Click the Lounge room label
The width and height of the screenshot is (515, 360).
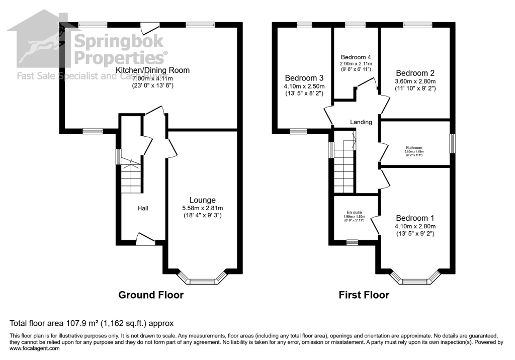click(x=203, y=200)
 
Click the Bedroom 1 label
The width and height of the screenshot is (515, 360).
click(x=415, y=218)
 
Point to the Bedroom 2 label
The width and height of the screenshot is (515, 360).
click(x=415, y=72)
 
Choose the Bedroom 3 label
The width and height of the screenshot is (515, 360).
click(x=304, y=78)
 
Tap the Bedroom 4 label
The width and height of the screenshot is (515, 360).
click(x=356, y=57)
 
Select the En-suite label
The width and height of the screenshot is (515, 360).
click(x=354, y=213)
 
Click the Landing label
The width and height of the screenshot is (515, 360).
click(x=361, y=122)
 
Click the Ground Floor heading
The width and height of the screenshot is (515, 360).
click(x=151, y=295)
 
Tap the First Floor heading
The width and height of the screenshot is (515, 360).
click(x=363, y=295)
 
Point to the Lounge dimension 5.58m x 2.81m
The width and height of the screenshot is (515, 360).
click(x=203, y=208)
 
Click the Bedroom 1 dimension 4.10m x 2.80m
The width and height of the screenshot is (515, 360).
click(x=415, y=226)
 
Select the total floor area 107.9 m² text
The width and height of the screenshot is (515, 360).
click(x=92, y=323)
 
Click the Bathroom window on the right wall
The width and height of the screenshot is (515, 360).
click(x=452, y=143)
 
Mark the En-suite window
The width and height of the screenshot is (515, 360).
click(x=352, y=242)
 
